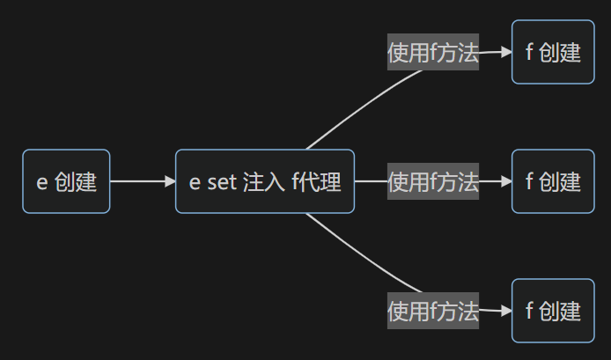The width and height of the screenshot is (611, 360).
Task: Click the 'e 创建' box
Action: tap(66, 181)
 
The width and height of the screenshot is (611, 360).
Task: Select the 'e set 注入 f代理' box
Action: tap(265, 181)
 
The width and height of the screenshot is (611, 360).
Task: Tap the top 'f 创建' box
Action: tap(553, 52)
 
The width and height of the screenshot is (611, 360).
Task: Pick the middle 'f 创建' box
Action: tap(553, 181)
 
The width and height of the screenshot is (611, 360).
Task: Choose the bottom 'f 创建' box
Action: tap(553, 311)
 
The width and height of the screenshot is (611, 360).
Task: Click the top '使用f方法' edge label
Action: tap(433, 52)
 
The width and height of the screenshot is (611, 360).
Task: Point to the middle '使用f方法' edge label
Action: tap(433, 181)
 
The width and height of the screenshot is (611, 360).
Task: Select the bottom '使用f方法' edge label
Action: tap(433, 311)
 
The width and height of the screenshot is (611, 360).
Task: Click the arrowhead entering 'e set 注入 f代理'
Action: tap(170, 181)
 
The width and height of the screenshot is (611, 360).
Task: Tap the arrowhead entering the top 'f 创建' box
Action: tap(506, 51)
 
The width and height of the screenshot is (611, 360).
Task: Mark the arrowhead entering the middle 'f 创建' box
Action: tap(506, 181)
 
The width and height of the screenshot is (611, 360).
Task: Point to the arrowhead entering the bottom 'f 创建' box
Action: tap(506, 311)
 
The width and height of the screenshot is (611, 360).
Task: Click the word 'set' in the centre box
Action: tap(222, 182)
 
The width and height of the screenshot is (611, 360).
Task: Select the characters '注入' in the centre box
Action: tap(264, 182)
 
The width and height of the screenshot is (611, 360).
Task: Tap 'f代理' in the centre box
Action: tap(316, 181)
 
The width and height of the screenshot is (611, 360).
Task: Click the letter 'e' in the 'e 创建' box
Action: tap(41, 183)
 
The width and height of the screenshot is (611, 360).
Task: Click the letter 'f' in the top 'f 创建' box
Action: tap(529, 51)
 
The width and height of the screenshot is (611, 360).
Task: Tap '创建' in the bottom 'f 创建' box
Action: tap(560, 311)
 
